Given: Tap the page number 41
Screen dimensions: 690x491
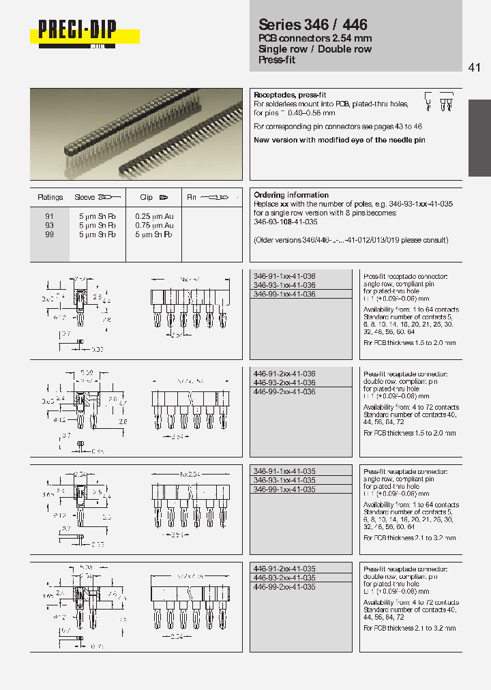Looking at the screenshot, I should coord(475,67).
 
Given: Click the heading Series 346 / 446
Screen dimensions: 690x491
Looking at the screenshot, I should coord(313,25).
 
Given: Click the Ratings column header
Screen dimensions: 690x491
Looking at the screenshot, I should coord(50,197).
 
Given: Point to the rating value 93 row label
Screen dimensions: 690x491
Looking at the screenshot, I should coord(49,225).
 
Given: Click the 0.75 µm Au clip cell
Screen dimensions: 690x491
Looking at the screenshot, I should coord(154,225).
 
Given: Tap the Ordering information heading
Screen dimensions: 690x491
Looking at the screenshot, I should coord(291,195).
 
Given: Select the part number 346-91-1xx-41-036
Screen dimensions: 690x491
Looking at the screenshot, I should coord(284,276).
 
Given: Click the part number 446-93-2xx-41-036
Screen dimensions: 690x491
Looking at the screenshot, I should coord(284,382).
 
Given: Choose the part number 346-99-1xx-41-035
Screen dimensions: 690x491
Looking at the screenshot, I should coord(284,490).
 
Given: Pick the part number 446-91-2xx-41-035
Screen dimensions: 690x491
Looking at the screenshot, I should coord(284,569).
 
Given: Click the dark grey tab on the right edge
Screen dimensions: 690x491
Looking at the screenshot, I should coord(479,138).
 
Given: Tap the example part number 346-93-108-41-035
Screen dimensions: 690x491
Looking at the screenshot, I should coord(286,222).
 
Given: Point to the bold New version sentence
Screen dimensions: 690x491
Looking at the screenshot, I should coord(339,140).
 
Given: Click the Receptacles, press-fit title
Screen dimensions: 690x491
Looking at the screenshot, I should coord(285,95).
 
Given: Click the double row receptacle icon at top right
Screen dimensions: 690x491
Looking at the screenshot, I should coord(447,102).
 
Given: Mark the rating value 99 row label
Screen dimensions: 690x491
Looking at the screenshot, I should coord(49,234).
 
